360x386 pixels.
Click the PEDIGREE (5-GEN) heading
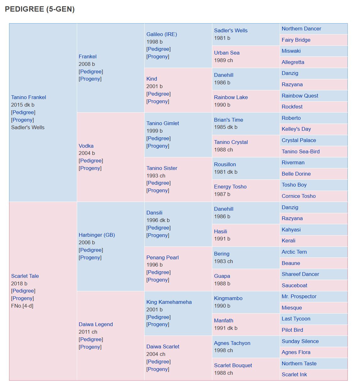40,9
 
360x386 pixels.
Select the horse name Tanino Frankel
29,97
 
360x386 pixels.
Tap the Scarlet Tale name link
25,276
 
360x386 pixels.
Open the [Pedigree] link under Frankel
91,71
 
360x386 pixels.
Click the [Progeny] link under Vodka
90,168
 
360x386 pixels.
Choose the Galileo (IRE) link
162,34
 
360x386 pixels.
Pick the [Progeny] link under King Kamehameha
158,324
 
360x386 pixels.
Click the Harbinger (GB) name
97,235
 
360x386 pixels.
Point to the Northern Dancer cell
301,29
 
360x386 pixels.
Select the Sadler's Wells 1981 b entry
231,30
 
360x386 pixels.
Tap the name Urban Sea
227,53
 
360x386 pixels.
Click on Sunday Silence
300,341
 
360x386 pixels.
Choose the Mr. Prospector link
299,296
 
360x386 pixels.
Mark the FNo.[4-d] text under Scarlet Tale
22,306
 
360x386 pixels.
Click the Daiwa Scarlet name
163,346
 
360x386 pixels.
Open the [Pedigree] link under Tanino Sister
158,183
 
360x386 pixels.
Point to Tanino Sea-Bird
300,151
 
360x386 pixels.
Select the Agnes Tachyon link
232,343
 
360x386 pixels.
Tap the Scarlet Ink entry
294,374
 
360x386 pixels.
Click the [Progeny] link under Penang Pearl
158,280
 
